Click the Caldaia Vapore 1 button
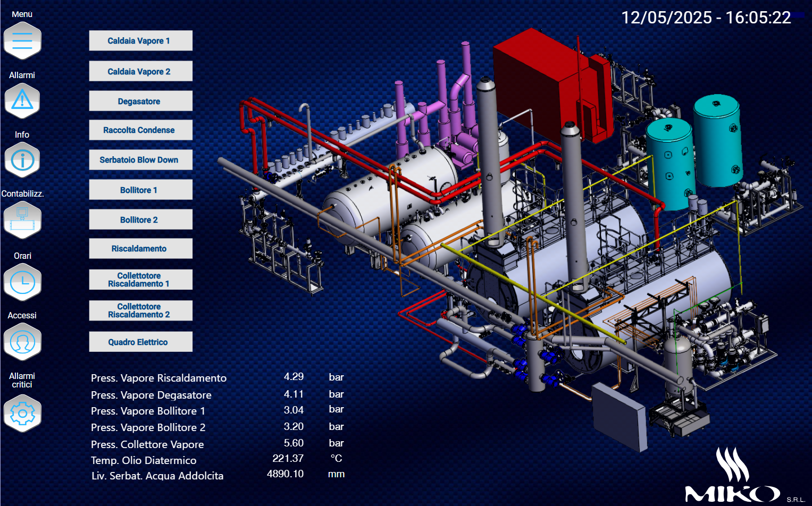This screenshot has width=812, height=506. (140, 40)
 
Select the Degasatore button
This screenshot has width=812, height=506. (140, 101)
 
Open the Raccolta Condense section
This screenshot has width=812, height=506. (140, 130)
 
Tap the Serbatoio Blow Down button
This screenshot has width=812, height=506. (140, 160)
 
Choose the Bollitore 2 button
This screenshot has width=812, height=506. (140, 220)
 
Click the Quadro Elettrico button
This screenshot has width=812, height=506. (140, 342)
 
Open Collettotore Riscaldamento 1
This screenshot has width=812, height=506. (140, 279)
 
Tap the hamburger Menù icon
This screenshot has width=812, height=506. (22, 40)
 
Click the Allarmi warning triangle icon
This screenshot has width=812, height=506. (22, 100)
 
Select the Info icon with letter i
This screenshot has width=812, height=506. (22, 160)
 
